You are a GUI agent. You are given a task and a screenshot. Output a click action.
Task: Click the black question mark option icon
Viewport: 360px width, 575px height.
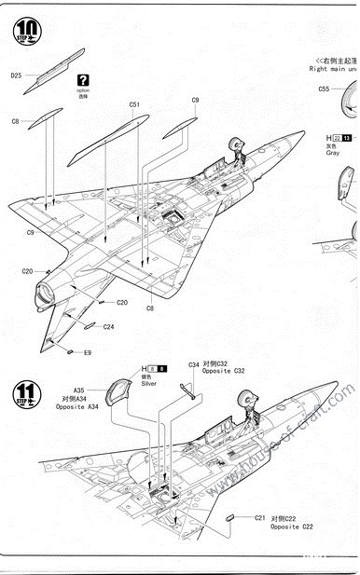[x=84, y=81]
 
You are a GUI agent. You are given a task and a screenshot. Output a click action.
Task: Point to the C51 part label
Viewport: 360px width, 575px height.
[x=135, y=104]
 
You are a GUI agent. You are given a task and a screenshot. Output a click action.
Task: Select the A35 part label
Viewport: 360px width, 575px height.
[x=79, y=390]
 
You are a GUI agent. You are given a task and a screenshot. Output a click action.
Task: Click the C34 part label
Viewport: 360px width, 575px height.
[x=194, y=364]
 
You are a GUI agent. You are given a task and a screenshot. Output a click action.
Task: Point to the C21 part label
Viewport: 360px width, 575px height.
[x=260, y=517]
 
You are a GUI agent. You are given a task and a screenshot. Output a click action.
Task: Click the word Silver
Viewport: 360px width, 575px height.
[x=148, y=383]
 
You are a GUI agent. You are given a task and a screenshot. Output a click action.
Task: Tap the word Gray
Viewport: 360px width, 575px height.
[x=333, y=154]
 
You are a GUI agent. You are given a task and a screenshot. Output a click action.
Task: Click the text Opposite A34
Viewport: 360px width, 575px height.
[x=77, y=408]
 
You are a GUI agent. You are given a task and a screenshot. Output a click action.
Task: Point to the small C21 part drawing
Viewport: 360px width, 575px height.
[x=230, y=515]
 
